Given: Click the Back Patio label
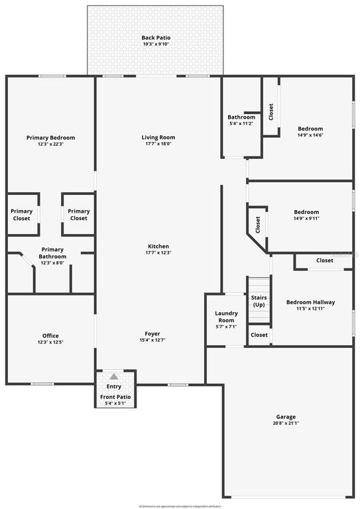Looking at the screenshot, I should click(156, 38).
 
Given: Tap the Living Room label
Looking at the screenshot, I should click(158, 137).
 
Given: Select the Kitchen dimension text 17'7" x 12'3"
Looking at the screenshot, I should click(158, 253).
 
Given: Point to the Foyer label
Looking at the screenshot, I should click(152, 333).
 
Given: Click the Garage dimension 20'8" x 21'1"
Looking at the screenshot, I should click(286, 423).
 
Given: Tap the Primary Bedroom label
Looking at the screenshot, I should click(50, 137).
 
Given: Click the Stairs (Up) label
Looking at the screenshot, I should click(259, 302).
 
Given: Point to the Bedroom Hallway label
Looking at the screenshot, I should click(310, 302).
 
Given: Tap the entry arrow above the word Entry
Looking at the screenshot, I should click(114, 377).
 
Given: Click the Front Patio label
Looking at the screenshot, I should click(115, 397).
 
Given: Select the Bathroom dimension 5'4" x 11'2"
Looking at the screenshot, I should click(241, 123).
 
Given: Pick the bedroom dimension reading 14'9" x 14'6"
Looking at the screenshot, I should click(310, 135).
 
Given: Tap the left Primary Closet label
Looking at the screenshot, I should click(21, 215).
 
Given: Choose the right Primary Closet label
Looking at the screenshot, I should click(78, 215).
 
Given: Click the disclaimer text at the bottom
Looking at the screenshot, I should click(180, 505).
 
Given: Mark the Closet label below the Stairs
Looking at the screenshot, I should click(259, 335).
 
